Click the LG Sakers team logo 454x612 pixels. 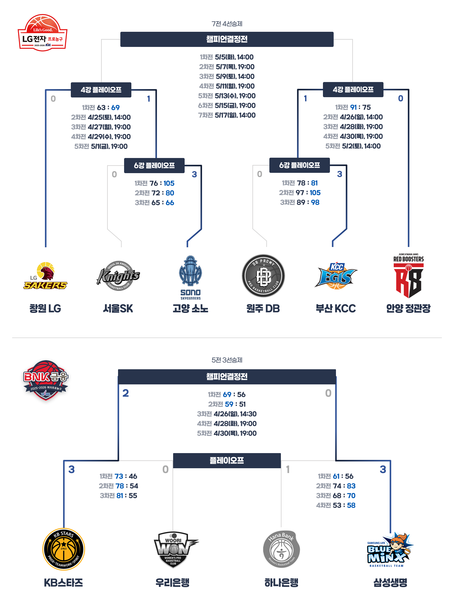(x=45, y=276)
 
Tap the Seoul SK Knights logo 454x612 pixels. (x=118, y=276)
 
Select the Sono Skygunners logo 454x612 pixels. (x=190, y=277)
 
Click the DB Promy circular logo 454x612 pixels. (x=263, y=276)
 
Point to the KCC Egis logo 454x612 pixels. (x=336, y=276)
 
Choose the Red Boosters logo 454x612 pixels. (x=409, y=276)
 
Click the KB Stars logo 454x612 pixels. (x=64, y=549)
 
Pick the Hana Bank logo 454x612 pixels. (x=281, y=549)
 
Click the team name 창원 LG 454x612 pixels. (x=45, y=308)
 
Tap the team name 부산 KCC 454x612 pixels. (x=336, y=308)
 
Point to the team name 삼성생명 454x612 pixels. (x=390, y=582)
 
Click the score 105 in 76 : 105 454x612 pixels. (x=169, y=183)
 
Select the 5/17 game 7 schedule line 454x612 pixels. (x=227, y=115)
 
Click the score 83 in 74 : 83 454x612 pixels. (x=351, y=486)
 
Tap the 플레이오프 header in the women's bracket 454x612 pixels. (x=227, y=460)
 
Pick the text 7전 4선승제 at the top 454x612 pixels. (x=227, y=24)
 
